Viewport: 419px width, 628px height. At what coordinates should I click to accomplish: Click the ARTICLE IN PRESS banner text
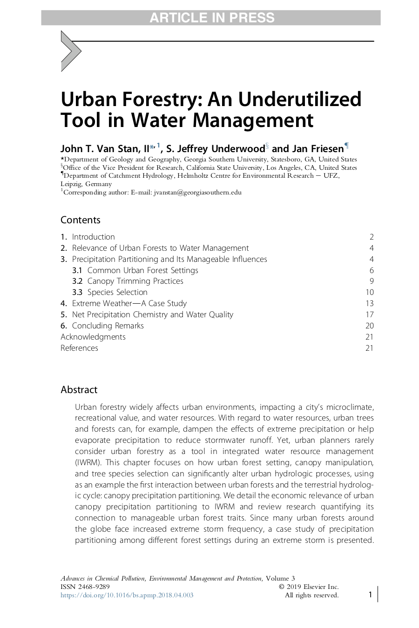212,18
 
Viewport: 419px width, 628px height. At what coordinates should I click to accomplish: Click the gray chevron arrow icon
70,51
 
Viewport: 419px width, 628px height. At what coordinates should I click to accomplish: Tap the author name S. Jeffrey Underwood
215,149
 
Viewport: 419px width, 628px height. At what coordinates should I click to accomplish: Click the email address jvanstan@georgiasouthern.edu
197,192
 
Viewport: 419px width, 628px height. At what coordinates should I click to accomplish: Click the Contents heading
81,220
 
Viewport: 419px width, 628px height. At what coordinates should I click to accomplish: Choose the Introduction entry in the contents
93,237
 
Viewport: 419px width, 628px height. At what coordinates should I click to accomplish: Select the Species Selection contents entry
117,292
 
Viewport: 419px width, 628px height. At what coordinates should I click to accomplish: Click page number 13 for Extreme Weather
369,303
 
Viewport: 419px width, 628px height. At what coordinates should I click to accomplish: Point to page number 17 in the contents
369,314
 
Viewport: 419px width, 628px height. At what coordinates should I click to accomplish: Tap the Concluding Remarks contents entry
108,326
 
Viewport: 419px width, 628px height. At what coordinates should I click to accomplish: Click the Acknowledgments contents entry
93,337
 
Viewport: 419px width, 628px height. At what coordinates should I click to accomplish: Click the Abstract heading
79,390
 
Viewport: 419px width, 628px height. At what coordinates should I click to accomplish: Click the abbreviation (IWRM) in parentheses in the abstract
88,462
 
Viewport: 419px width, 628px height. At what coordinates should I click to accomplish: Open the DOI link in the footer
127,595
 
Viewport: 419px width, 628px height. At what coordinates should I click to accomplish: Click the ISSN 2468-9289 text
85,587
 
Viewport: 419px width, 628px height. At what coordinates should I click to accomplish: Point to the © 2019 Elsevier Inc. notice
309,587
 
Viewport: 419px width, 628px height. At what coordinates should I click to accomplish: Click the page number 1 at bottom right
370,595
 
